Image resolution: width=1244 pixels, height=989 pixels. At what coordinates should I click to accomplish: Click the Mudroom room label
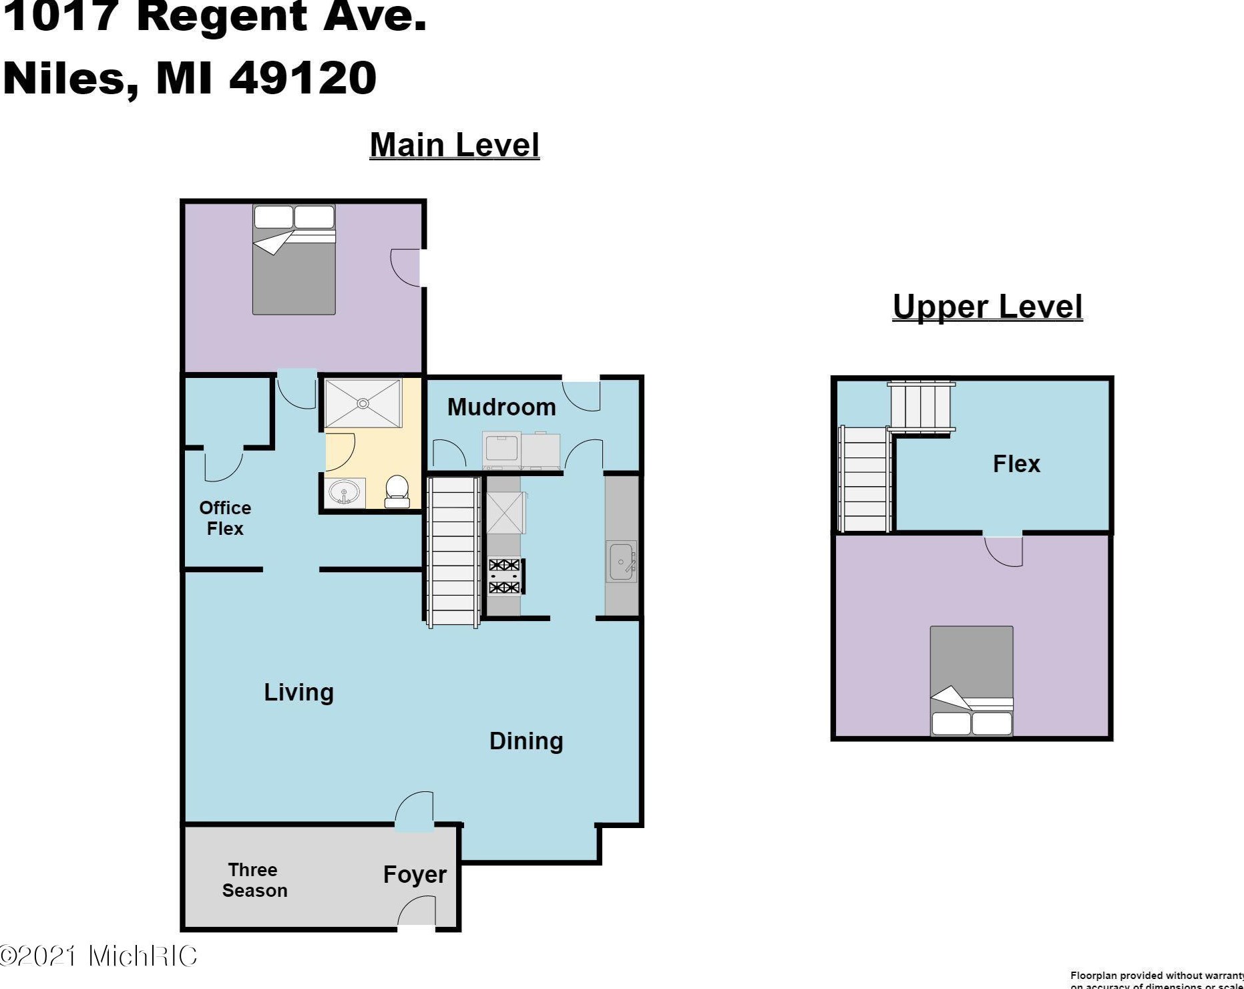tap(501, 407)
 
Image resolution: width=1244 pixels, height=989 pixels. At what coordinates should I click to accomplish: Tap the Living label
tap(298, 692)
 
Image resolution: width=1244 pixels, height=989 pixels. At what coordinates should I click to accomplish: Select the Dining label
tap(526, 741)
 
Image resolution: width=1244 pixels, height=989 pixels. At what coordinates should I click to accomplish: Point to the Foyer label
tap(414, 874)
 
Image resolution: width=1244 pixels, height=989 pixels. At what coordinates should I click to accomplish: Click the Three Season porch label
tap(254, 880)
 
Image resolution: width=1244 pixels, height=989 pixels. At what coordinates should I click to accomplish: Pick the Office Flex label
tap(225, 518)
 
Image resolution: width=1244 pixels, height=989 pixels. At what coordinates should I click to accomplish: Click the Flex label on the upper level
tap(1016, 463)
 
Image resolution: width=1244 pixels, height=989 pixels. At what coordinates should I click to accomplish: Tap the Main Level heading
tap(454, 145)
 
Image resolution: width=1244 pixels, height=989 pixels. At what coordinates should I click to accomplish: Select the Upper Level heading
tap(987, 307)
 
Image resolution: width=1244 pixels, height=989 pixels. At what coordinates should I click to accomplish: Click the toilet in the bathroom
tap(397, 491)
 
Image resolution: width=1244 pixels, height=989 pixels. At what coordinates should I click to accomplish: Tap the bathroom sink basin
tap(344, 493)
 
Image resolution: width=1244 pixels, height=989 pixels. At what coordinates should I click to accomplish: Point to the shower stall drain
tap(363, 403)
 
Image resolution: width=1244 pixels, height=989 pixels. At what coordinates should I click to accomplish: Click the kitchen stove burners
tap(504, 576)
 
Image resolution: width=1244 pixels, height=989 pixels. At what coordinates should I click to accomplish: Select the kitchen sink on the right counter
tap(621, 562)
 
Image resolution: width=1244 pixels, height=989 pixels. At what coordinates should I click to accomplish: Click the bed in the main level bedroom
tap(294, 260)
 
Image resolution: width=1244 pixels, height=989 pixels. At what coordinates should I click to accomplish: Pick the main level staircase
tap(453, 550)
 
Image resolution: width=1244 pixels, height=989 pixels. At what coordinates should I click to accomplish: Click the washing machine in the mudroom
tap(501, 449)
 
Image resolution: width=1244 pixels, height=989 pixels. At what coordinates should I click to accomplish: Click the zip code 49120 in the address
tap(303, 77)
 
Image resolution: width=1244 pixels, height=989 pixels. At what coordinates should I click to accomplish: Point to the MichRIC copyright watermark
tap(99, 956)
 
